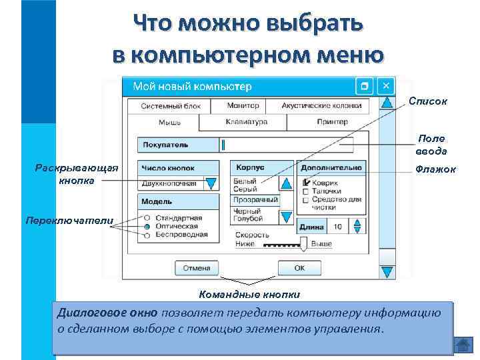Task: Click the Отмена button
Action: (x=197, y=268)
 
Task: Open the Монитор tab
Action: (x=243, y=105)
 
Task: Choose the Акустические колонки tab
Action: (x=321, y=105)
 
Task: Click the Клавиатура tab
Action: (x=246, y=122)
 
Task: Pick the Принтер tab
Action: (x=332, y=122)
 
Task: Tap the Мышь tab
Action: (x=169, y=123)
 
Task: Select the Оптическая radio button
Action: (x=146, y=227)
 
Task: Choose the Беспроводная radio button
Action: (x=146, y=235)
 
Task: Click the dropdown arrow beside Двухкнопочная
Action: (x=211, y=183)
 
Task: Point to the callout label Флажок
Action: (x=435, y=169)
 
